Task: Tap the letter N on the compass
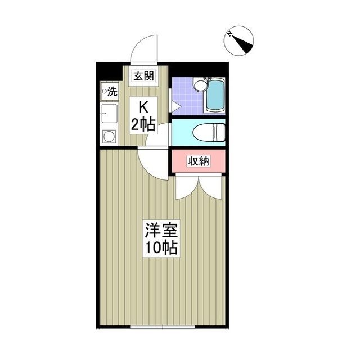coord(230,34)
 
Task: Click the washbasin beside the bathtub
coord(199,85)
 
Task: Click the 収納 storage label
coord(198,161)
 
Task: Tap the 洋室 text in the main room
coord(161,231)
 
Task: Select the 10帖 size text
coord(161,247)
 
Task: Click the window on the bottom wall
coord(162,326)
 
